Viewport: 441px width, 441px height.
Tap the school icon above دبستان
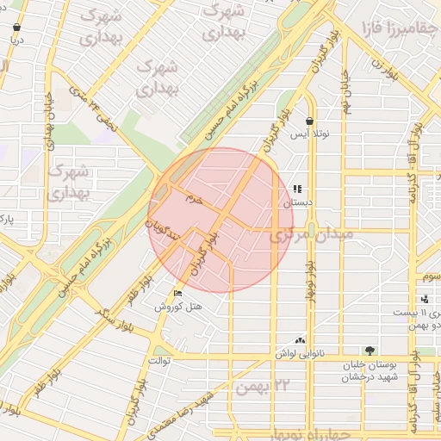click(297, 189)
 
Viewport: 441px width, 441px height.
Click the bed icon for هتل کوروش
click(178, 293)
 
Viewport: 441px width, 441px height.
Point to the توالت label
click(161, 360)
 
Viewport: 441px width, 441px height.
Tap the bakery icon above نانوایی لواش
click(300, 340)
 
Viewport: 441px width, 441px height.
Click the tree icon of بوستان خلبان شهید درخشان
click(370, 351)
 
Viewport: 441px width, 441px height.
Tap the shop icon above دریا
click(16, 28)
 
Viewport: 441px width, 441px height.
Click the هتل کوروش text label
click(178, 307)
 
